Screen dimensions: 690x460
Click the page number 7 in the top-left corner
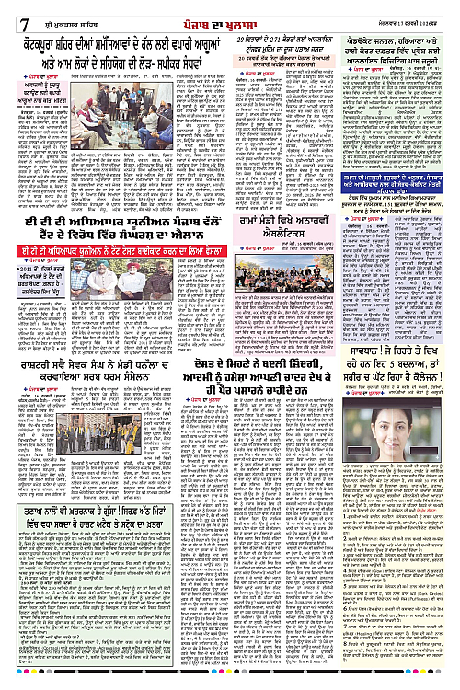tap(11, 10)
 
